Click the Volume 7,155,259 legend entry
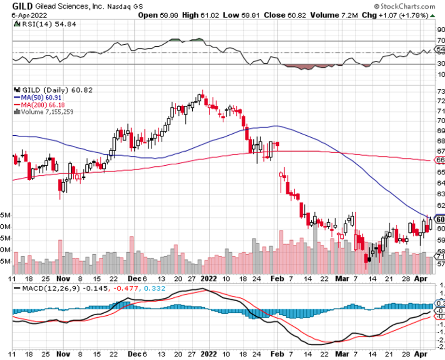coord(46,111)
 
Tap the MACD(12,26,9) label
coord(46,289)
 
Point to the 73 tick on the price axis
coord(440,91)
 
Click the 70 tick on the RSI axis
coord(440,41)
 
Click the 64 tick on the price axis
coord(440,183)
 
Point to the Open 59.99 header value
coord(157,15)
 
